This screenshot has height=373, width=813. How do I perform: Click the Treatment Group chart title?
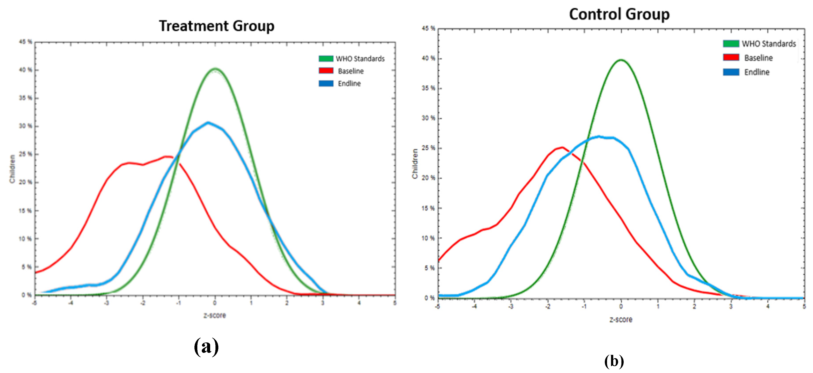click(x=217, y=26)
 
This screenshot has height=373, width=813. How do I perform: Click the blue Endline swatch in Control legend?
click(x=731, y=72)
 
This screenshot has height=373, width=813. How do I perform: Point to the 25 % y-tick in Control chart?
click(x=428, y=148)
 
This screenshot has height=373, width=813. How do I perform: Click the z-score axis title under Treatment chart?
click(x=215, y=315)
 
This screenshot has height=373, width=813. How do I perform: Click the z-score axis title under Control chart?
click(x=621, y=320)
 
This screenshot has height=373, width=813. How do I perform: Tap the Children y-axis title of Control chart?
click(x=415, y=164)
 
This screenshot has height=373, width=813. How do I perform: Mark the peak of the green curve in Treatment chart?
click(x=215, y=69)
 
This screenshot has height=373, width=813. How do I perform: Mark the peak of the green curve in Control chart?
click(x=621, y=60)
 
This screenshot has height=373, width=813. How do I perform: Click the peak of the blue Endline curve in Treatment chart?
click(x=208, y=123)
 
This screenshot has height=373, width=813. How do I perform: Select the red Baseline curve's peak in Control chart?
click(x=562, y=147)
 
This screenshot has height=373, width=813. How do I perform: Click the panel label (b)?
click(x=614, y=361)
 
